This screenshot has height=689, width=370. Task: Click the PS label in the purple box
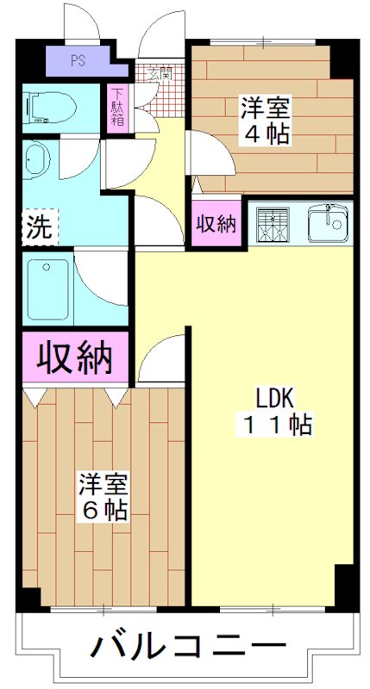pyautogui.click(x=78, y=60)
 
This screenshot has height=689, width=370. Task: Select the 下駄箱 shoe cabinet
pyautogui.click(x=117, y=108)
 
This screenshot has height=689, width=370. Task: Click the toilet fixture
pyautogui.click(x=50, y=107)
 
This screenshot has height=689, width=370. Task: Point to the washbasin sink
pyautogui.click(x=38, y=159)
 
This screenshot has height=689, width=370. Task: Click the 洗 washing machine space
pyautogui.click(x=40, y=226)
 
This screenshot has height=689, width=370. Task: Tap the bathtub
pyautogui.click(x=47, y=289)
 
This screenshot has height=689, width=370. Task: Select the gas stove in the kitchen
pyautogui.click(x=273, y=225)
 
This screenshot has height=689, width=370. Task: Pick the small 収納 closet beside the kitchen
pyautogui.click(x=216, y=225)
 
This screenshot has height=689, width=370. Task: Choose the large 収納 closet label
pyautogui.click(x=74, y=357)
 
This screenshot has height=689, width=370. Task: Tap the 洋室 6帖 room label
pyautogui.click(x=103, y=496)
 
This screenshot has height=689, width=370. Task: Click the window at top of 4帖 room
pyautogui.click(x=263, y=42)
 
